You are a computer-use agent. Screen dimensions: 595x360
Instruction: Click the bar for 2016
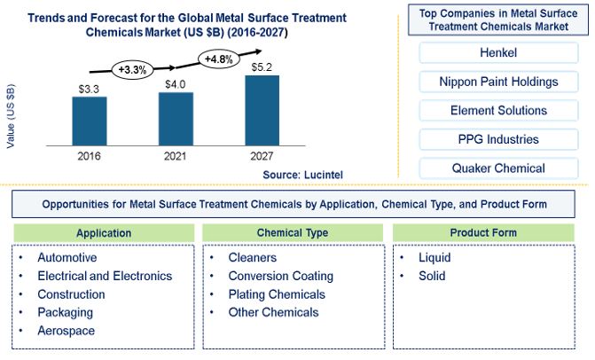pos(90,121)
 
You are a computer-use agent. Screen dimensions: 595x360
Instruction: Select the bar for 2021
pos(176,119)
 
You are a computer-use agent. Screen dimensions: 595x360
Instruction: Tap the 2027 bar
pos(262,110)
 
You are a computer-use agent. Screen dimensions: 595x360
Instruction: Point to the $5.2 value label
pos(262,67)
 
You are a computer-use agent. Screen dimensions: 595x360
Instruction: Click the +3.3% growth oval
pos(132,70)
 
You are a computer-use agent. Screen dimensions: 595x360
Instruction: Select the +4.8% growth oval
pos(218,59)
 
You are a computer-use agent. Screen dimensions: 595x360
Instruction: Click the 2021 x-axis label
pos(175,156)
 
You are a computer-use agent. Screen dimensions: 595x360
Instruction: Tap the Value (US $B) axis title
pos(11,115)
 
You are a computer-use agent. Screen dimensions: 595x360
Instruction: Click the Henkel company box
pos(498,52)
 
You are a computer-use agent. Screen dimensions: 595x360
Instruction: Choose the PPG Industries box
pos(498,139)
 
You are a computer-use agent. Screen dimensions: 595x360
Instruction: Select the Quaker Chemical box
pos(498,168)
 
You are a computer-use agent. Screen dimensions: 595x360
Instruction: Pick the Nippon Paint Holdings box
pos(498,82)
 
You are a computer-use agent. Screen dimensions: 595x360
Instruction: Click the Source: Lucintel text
pos(302,175)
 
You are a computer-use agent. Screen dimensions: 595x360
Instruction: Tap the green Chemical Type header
pos(293,232)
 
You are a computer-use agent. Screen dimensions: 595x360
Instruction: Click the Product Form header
pos(483,232)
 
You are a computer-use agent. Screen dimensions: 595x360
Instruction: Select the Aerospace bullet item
pos(66,331)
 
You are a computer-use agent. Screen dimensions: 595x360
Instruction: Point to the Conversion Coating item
pos(281,276)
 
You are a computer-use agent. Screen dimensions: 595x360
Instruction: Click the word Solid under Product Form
pos(432,276)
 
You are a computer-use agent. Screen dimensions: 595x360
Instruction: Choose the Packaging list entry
pos(66,313)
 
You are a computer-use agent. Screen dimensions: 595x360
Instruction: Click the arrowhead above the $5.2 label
pos(258,51)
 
